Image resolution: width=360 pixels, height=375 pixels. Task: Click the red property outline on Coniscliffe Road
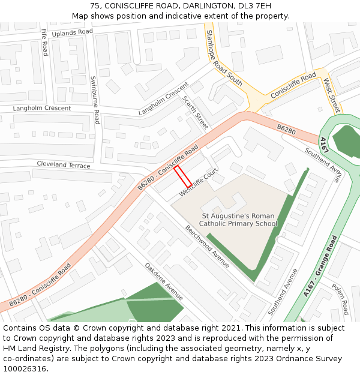point(182,176)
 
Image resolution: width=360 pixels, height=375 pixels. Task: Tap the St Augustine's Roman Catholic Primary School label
point(238,220)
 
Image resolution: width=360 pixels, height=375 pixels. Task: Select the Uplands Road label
point(73,32)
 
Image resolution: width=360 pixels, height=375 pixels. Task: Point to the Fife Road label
point(44,43)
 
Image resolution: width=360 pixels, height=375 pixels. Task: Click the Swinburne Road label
point(94,100)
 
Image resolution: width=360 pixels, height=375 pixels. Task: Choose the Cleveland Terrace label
point(63,164)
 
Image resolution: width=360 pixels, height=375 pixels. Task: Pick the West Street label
point(331,95)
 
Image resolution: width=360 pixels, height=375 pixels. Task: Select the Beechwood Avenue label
point(208,246)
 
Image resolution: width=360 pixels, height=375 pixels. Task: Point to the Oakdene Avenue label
point(164,281)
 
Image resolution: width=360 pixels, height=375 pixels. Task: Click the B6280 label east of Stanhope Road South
point(286,129)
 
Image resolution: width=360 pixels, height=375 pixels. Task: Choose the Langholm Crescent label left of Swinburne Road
point(42,109)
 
